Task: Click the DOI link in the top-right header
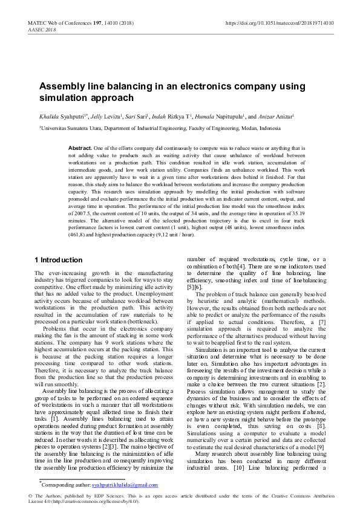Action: point(279,24)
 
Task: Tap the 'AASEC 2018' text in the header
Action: point(42,30)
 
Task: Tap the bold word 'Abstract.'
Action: point(80,148)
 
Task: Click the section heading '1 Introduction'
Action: point(57,260)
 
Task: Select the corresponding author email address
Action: point(125,485)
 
